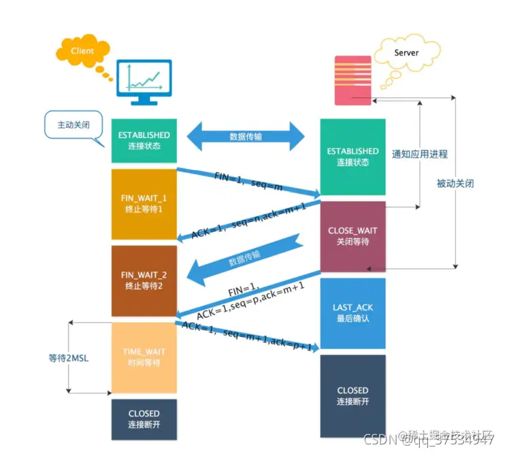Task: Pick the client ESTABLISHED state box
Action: pyautogui.click(x=144, y=141)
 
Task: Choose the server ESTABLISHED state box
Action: pyautogui.click(x=353, y=157)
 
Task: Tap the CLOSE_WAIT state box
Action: pyautogui.click(x=353, y=236)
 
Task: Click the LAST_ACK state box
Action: pyautogui.click(x=353, y=312)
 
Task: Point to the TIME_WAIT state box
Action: pyautogui.click(x=144, y=357)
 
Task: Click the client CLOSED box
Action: pyautogui.click(x=144, y=419)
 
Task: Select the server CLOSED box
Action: pyautogui.click(x=353, y=395)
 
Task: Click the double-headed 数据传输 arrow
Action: pyautogui.click(x=246, y=136)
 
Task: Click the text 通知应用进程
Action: pyautogui.click(x=420, y=154)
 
